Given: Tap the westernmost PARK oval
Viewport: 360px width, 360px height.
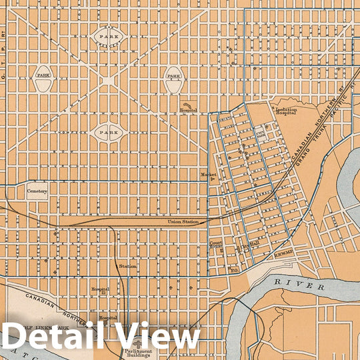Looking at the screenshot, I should click(45, 76).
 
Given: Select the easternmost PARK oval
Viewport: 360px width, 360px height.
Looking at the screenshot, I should click(173, 76).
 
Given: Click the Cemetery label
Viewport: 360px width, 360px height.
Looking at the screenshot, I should click(37, 191).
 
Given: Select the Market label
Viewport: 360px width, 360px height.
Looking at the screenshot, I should click(205, 175).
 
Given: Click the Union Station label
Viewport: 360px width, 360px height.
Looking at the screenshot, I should click(183, 221).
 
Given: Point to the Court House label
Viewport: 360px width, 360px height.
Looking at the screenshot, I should click(216, 245).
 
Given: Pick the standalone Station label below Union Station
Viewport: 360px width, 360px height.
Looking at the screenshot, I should click(128, 266).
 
